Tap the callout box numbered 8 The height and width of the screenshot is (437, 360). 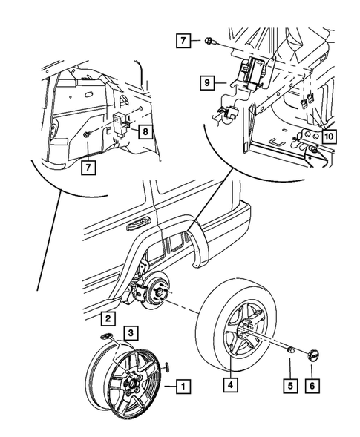(x=146, y=133)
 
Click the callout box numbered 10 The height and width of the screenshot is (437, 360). (x=329, y=137)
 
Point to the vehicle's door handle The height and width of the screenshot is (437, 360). (x=138, y=222)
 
